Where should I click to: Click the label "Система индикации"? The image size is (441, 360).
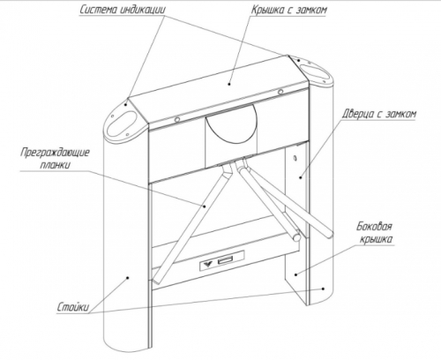123,10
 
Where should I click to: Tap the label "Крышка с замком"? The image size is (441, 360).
288,10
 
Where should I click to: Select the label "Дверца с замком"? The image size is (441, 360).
379,114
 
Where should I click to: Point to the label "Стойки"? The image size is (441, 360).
72,307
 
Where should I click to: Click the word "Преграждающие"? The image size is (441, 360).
56,154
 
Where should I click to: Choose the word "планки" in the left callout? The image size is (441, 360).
56,165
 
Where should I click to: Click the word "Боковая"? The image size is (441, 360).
374,227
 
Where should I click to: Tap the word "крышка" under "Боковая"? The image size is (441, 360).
376,239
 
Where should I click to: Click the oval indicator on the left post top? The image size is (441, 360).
122,124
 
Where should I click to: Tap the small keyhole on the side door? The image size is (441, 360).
295,159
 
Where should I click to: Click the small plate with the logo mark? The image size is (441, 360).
222,260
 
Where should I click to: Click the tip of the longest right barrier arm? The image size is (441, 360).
330,236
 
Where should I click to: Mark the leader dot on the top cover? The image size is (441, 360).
230,84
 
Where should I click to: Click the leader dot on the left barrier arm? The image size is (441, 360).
205,206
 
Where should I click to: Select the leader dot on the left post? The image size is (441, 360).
127,277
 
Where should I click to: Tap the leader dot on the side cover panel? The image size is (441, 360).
296,274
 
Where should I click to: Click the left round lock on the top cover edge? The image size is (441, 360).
177,119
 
